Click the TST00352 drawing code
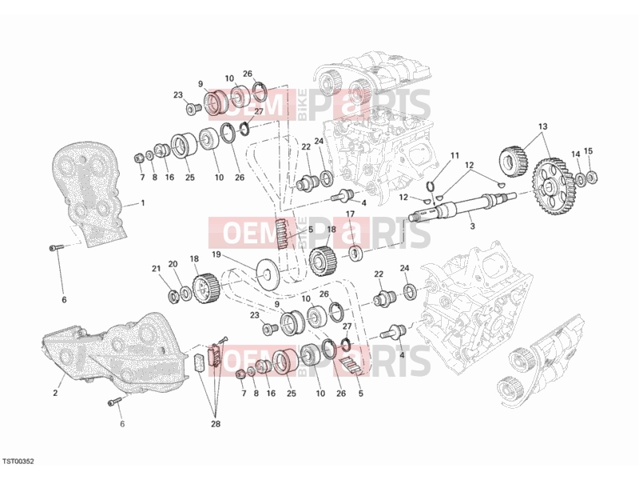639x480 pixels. tap(18, 462)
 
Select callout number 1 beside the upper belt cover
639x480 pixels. tap(143, 202)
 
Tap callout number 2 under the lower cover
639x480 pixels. tap(55, 393)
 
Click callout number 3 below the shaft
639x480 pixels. tap(472, 226)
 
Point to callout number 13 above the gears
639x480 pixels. tap(542, 126)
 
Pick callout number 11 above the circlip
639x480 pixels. tap(454, 155)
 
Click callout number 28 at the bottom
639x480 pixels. tap(216, 424)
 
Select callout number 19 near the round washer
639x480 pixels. tap(216, 254)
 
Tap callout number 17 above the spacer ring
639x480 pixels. tap(350, 214)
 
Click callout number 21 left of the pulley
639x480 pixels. tap(157, 268)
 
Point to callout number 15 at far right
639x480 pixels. tap(588, 151)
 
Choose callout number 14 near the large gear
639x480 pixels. tap(575, 154)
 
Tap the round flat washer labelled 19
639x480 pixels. tap(267, 274)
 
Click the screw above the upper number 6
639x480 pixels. tap(57, 247)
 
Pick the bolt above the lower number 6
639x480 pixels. tap(115, 402)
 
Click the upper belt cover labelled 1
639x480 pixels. tap(89, 194)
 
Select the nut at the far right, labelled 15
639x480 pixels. tap(592, 177)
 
